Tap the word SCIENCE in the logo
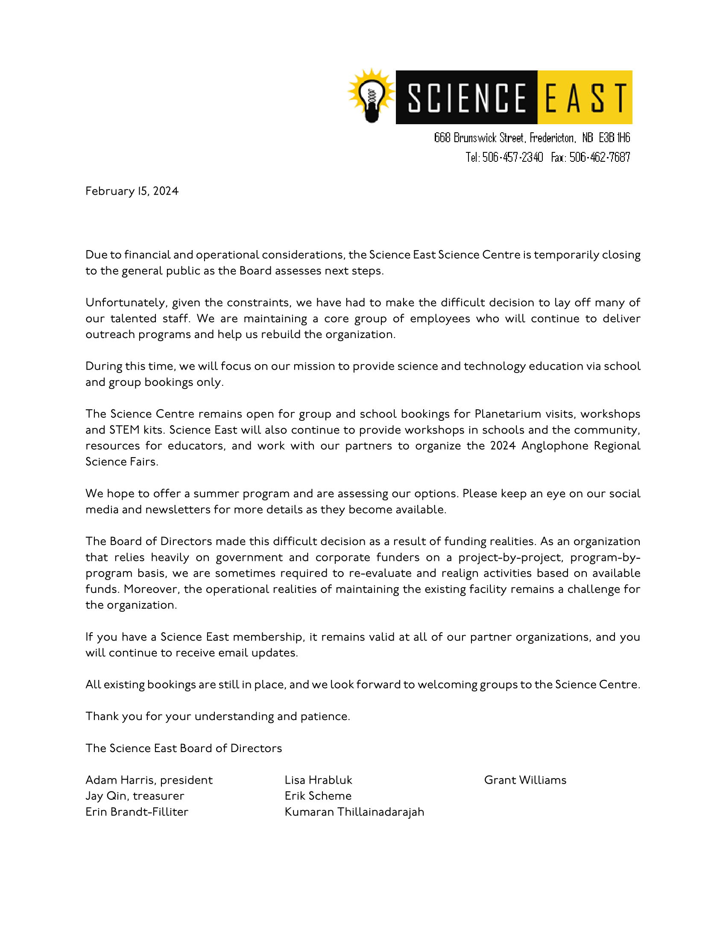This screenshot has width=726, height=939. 466,98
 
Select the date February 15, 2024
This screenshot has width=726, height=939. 132,191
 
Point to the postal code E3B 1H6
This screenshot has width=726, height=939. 614,138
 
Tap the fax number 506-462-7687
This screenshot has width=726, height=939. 600,157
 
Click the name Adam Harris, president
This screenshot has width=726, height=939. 149,780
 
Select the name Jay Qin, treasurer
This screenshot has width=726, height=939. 135,796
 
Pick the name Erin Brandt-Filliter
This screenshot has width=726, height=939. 137,812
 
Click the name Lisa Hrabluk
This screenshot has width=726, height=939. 318,780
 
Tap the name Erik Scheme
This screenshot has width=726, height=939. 318,796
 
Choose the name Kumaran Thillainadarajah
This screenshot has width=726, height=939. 354,812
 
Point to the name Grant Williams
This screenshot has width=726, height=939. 525,780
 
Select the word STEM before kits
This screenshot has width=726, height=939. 124,430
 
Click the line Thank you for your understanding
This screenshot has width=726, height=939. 217,716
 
